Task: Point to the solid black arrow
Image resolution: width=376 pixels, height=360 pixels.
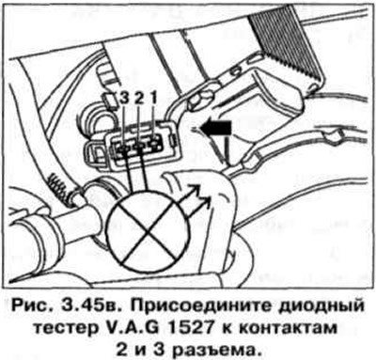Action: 213,124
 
